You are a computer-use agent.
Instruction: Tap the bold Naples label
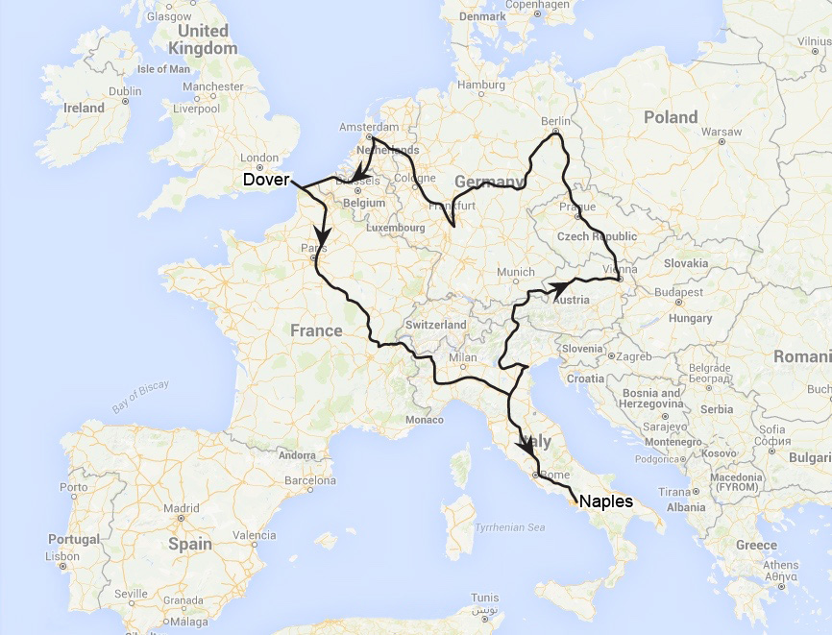coord(606,501)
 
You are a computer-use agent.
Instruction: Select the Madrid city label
coord(181,508)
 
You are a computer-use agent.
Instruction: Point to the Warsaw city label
coord(722,130)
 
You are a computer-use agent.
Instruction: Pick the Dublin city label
coord(125,91)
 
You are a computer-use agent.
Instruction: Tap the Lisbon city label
coord(62,556)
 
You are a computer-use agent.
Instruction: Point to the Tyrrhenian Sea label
coord(510,527)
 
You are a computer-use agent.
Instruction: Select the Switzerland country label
coord(435,325)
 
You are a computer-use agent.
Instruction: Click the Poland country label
coord(671,116)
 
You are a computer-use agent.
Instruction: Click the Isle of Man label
coord(164,69)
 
